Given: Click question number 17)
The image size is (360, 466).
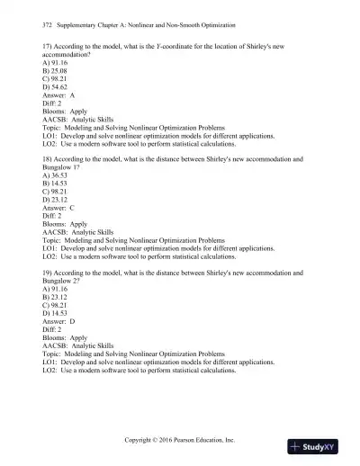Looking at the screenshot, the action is click(x=48, y=44).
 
